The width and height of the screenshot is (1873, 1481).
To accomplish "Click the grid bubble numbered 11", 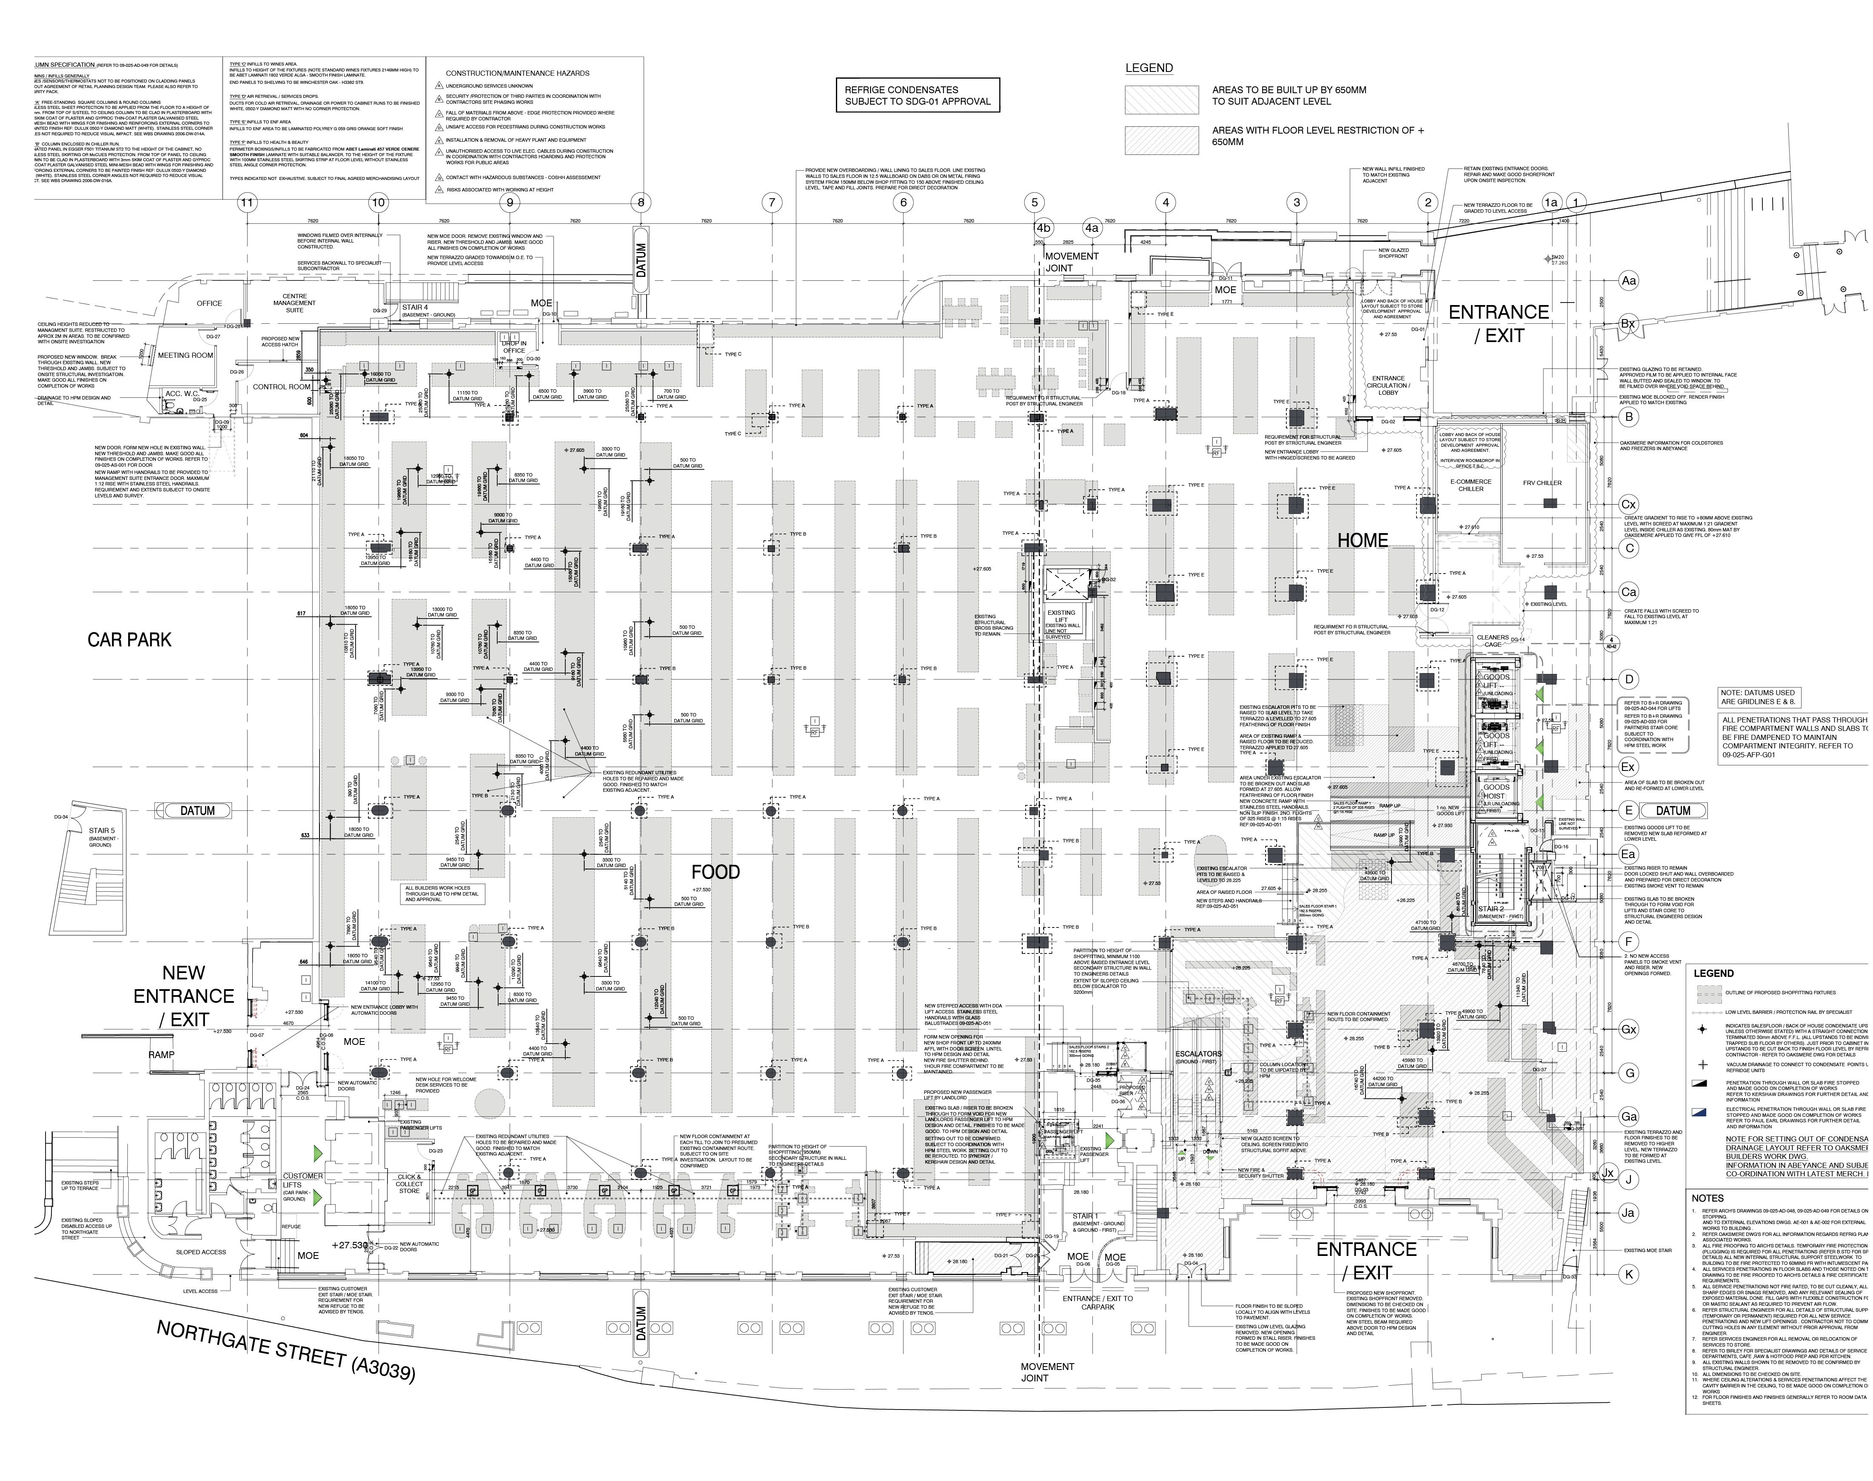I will point(248,203).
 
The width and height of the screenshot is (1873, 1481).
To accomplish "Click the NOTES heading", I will point(1708,1198).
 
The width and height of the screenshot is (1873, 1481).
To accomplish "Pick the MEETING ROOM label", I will point(185,356).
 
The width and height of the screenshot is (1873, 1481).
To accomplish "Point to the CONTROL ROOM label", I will point(281,387).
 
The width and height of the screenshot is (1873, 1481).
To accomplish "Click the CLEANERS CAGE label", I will point(1493,641).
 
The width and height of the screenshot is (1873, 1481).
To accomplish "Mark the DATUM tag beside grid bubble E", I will point(1672,811).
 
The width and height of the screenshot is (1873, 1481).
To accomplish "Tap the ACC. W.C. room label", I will point(183,394).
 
